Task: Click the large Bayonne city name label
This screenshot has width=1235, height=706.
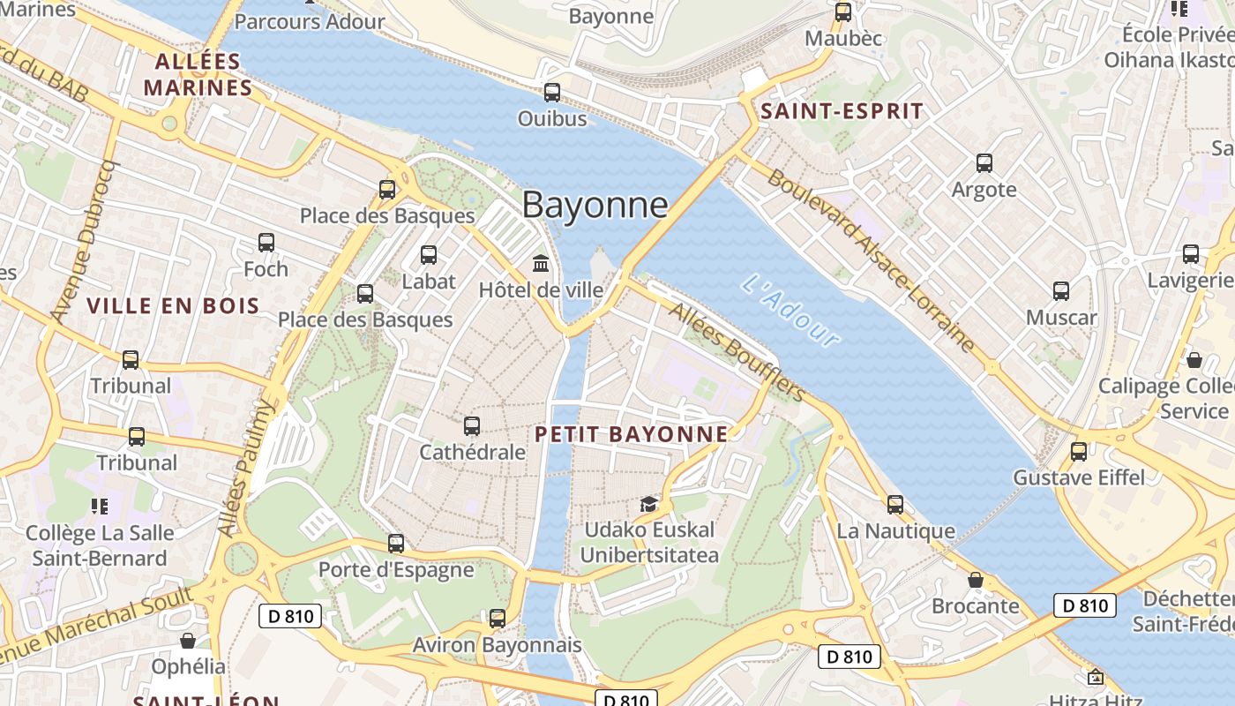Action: pyautogui.click(x=595, y=205)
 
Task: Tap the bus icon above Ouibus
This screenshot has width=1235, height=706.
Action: pyautogui.click(x=552, y=92)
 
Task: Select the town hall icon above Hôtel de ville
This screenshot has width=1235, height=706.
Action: pyautogui.click(x=541, y=263)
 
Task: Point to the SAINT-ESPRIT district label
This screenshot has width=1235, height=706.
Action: pyautogui.click(x=842, y=111)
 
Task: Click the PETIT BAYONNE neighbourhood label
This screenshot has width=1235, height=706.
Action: pyautogui.click(x=632, y=434)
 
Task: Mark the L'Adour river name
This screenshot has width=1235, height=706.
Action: pyautogui.click(x=790, y=311)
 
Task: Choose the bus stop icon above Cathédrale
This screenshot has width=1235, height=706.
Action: pyautogui.click(x=472, y=426)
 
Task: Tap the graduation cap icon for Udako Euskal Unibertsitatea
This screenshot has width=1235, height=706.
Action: pyautogui.click(x=649, y=504)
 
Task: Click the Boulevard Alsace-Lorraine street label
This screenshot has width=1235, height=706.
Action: pyautogui.click(x=872, y=259)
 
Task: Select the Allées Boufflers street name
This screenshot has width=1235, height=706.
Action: pyautogui.click(x=736, y=351)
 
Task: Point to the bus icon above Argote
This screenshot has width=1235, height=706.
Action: pyautogui.click(x=984, y=163)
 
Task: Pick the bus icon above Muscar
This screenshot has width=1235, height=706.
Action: pyautogui.click(x=1061, y=291)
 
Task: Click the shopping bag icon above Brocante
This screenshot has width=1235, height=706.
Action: pyautogui.click(x=976, y=580)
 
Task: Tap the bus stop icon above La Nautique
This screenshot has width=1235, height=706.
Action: pyautogui.click(x=895, y=505)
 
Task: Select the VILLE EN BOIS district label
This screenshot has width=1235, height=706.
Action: pyautogui.click(x=173, y=306)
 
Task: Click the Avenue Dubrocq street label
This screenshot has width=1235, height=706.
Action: pyautogui.click(x=84, y=240)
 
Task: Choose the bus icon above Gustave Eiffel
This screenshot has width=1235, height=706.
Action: pyautogui.click(x=1078, y=452)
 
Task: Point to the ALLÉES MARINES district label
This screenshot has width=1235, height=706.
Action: pyautogui.click(x=198, y=75)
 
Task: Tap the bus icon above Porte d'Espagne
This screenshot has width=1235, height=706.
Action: pyautogui.click(x=396, y=544)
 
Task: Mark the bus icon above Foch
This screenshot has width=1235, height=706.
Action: pyautogui.click(x=266, y=243)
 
